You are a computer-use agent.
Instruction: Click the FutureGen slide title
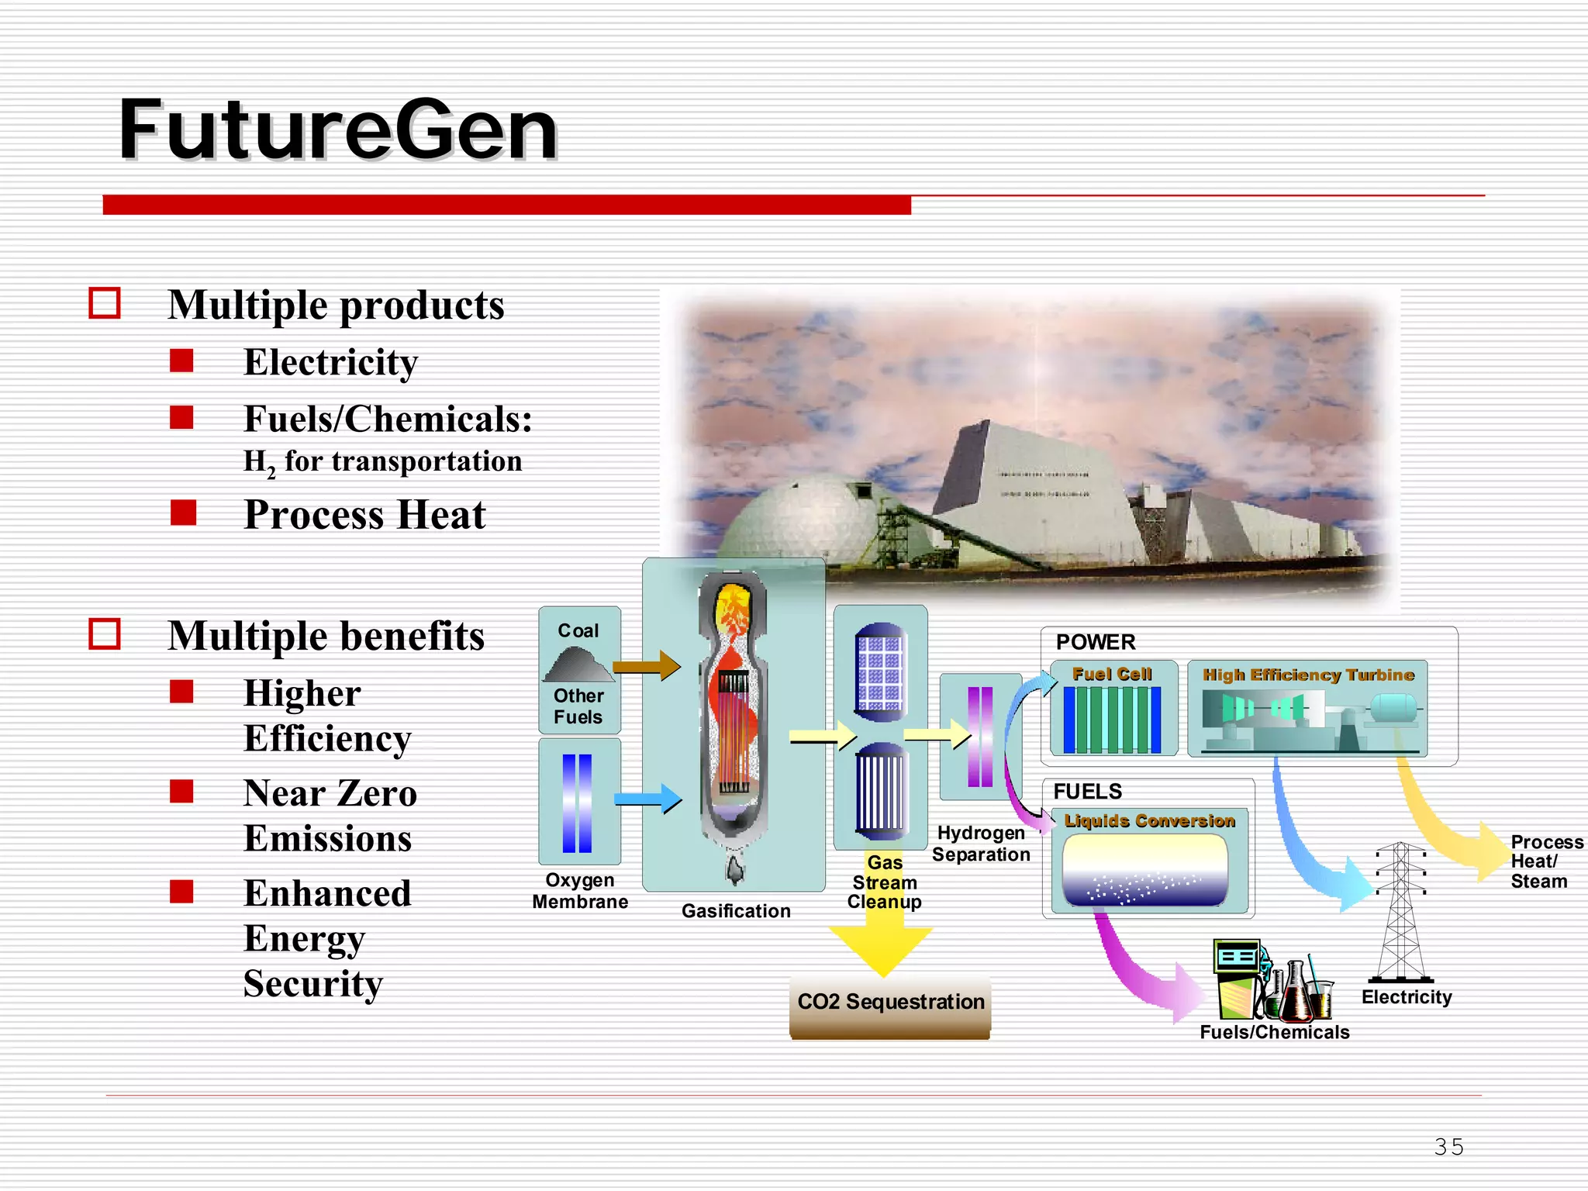(x=338, y=129)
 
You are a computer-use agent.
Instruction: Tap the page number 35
(x=1448, y=1147)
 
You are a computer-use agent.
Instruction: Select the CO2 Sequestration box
(x=890, y=1005)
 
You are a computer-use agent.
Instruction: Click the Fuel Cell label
(x=1112, y=674)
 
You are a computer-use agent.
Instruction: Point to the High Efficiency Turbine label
(x=1308, y=675)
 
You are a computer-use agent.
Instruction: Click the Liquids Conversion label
(x=1149, y=820)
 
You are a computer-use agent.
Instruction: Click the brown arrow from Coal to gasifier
(x=646, y=666)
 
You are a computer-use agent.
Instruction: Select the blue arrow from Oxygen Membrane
(x=647, y=799)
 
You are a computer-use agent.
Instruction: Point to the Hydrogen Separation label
(x=981, y=844)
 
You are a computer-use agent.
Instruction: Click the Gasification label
(x=736, y=911)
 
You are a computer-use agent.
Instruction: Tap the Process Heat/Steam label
(x=1545, y=861)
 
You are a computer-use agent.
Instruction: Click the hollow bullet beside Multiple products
(x=105, y=303)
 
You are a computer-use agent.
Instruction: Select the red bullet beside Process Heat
(x=183, y=513)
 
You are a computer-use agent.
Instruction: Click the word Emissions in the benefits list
(x=327, y=839)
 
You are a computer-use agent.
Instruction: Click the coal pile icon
(x=579, y=665)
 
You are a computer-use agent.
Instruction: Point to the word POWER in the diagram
(x=1096, y=642)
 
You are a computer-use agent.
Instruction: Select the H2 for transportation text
(x=382, y=462)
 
